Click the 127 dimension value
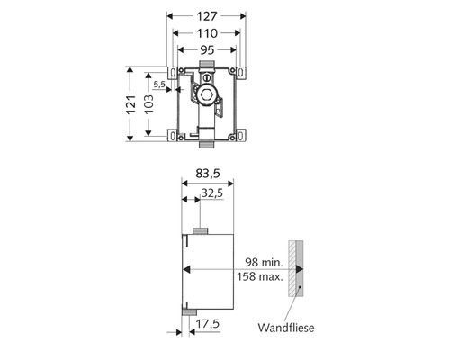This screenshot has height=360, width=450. coord(207,16)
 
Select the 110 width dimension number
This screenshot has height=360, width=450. coord(207,33)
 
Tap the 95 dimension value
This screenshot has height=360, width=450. coord(207,50)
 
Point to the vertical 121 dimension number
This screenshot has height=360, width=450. coord(130,104)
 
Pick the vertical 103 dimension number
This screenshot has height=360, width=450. coord(148,104)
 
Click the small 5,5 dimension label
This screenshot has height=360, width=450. coord(159,85)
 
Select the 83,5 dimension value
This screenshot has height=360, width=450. coord(208,174)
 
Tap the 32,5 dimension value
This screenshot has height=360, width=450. coord(212,193)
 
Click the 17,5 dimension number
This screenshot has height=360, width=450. coord(208,324)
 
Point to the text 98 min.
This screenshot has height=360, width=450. coord(264,262)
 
